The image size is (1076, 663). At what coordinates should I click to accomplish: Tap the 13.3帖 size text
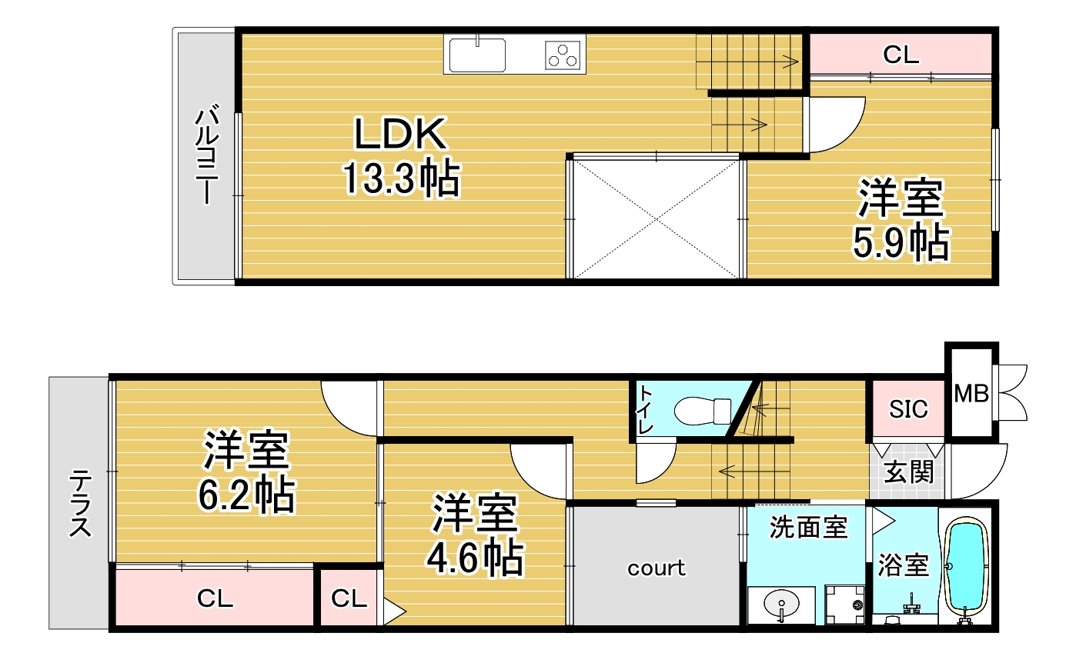click(400, 180)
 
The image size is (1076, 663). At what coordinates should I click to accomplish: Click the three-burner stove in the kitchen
click(563, 55)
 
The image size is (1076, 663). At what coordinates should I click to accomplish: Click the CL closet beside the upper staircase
click(901, 55)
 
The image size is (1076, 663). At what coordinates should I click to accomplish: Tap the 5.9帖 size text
click(899, 243)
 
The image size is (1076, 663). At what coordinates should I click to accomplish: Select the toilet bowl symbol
click(702, 410)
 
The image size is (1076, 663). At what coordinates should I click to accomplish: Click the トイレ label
click(644, 410)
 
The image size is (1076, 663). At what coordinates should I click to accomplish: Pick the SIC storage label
click(908, 408)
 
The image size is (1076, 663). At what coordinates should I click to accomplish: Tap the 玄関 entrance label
click(908, 471)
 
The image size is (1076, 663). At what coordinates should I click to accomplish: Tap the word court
click(656, 568)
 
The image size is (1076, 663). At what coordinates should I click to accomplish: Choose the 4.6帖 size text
click(475, 558)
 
